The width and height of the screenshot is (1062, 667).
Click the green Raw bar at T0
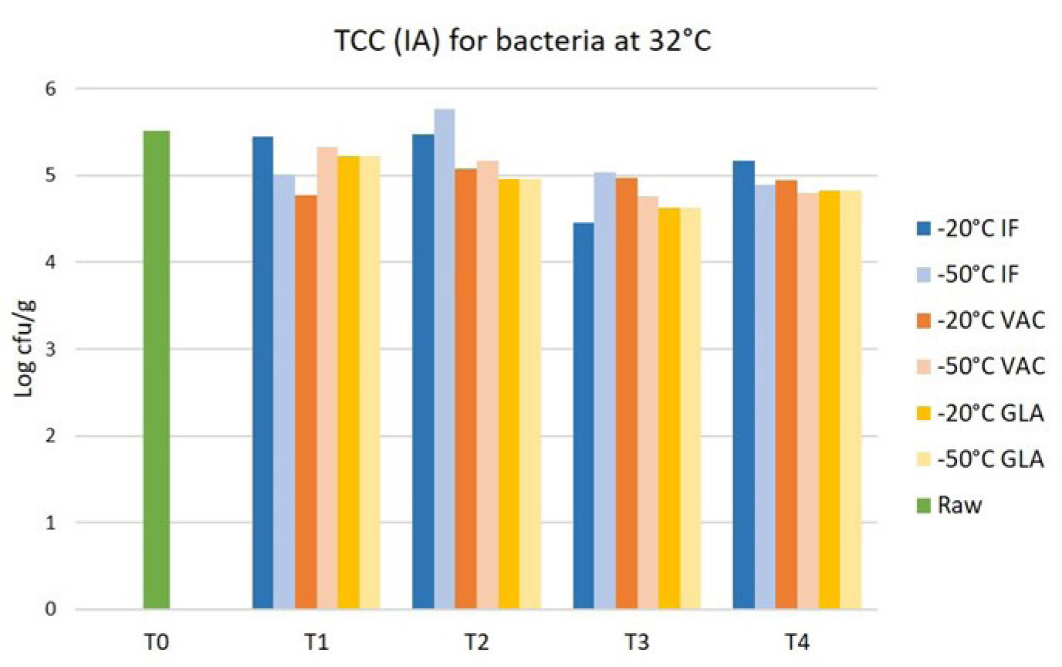click(157, 371)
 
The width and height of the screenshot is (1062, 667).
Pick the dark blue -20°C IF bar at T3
click(583, 416)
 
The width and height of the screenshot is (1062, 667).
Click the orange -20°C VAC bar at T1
click(306, 402)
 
